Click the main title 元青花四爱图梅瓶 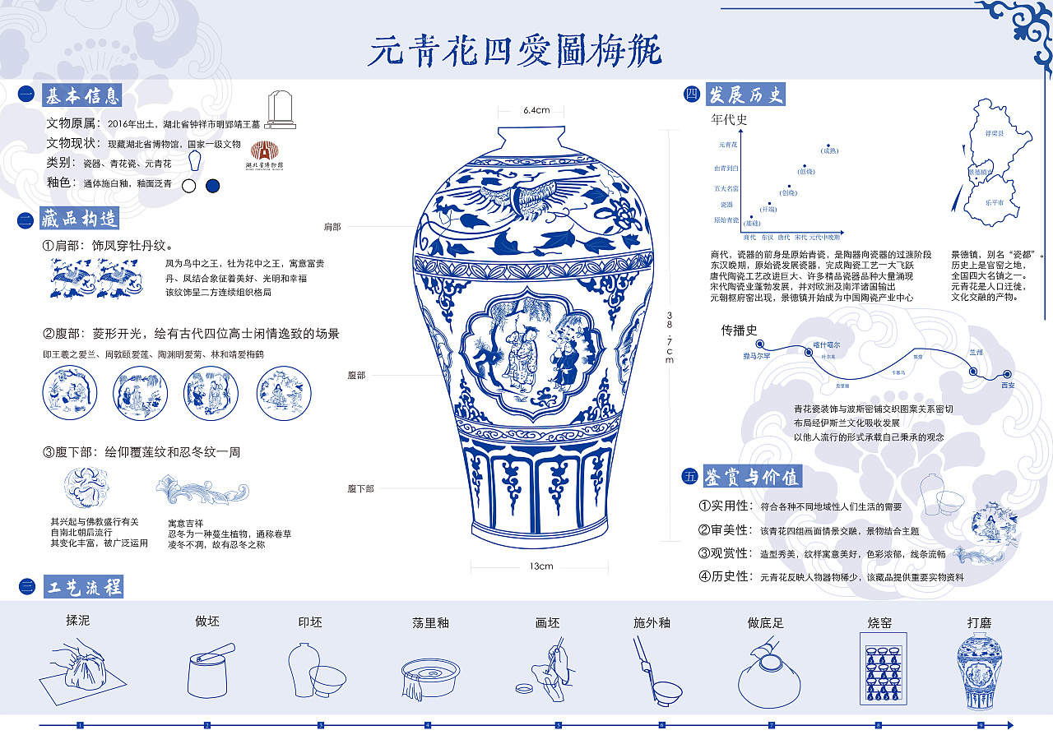click(514, 51)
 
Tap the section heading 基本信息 click(81, 95)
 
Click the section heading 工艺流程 click(81, 586)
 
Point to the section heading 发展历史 click(745, 95)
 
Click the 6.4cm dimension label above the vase click(536, 110)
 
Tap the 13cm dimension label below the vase click(540, 566)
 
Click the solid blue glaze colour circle click(213, 186)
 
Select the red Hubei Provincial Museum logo click(264, 155)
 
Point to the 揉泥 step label click(77, 620)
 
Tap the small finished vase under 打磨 click(979, 673)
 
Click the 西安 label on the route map click(1008, 385)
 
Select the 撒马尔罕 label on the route click(757, 356)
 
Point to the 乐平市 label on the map click(995, 201)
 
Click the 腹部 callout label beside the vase click(355, 375)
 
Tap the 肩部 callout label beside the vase click(332, 226)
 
